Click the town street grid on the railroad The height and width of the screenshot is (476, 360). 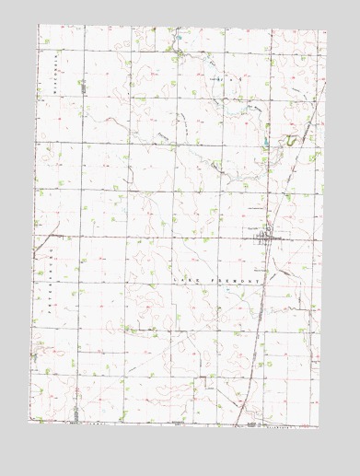[263, 236]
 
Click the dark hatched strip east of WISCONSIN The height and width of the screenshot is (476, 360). [82, 87]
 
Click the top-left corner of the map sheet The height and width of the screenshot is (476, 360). [39, 25]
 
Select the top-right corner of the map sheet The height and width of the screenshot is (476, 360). [328, 30]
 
